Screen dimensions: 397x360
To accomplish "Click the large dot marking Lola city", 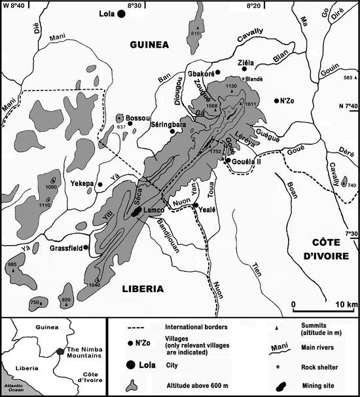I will pyautogui.click(x=121, y=14).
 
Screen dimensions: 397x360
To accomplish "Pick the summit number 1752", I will pyautogui.click(x=215, y=151).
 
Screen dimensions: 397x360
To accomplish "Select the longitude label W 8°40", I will pyautogui.click(x=12, y=5).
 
